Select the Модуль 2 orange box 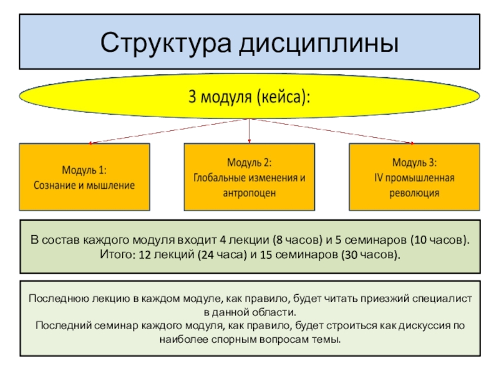click(249, 176)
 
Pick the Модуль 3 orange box click(414, 176)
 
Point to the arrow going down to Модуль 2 click(249, 131)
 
